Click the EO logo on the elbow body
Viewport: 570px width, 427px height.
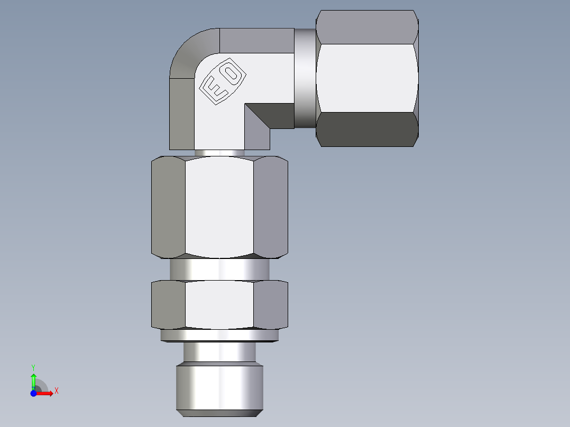click(x=223, y=80)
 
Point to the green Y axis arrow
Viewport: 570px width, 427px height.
click(x=33, y=379)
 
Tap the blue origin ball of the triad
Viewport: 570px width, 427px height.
click(x=34, y=393)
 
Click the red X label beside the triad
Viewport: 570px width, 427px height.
click(x=56, y=391)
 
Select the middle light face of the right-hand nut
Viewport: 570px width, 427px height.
click(x=367, y=78)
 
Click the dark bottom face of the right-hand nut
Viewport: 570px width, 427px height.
click(x=367, y=129)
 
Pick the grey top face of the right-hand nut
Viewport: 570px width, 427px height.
click(x=367, y=26)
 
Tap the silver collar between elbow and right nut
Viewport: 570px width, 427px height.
click(x=305, y=78)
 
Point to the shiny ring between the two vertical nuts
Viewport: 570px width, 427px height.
click(x=219, y=270)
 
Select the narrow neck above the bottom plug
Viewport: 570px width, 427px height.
click(x=219, y=351)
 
